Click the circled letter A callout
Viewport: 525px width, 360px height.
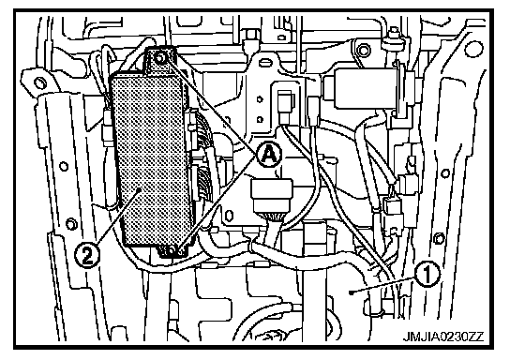tap(269, 155)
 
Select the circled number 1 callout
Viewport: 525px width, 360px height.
tap(427, 275)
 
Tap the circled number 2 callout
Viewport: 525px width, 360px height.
tap(87, 256)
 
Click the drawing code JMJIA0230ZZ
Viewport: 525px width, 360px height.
tap(442, 337)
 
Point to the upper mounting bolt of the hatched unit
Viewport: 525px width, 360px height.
tap(160, 59)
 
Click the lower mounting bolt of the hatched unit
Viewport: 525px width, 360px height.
tap(172, 250)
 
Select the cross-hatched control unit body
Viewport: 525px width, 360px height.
tap(152, 157)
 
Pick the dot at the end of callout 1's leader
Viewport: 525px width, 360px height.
tap(351, 292)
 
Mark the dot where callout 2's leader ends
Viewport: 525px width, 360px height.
tap(140, 190)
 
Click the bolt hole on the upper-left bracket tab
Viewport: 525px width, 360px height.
tap(39, 82)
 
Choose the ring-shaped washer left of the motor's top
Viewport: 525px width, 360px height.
tap(364, 51)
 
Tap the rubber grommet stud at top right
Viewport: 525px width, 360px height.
tap(395, 38)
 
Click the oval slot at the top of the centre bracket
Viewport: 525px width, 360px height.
tap(266, 63)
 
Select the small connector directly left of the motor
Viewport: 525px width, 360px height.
tap(286, 103)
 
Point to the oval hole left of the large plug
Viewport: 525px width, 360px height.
tap(229, 216)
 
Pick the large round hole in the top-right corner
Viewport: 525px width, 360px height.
tap(473, 48)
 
